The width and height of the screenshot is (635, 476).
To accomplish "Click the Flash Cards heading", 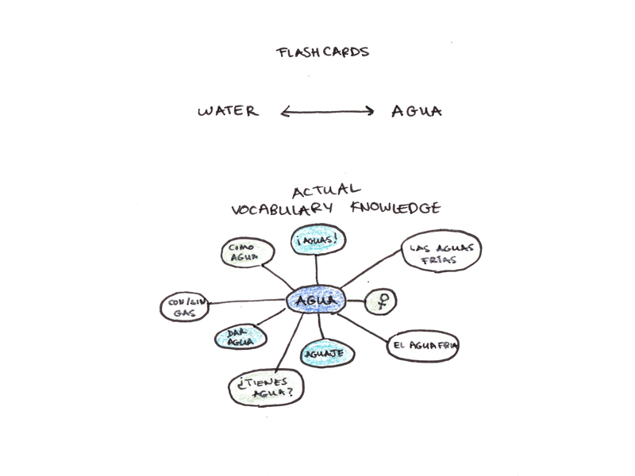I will tap(322, 53).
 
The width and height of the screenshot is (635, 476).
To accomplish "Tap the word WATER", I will tap(228, 111).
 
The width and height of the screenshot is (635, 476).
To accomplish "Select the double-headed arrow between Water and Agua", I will tap(327, 112).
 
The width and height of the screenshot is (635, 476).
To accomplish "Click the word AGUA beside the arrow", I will tap(416, 111).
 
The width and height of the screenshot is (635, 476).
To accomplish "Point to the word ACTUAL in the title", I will tap(326, 191).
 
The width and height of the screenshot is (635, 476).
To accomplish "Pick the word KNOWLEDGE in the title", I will tap(395, 209).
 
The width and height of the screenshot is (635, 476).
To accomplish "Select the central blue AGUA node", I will tap(317, 301).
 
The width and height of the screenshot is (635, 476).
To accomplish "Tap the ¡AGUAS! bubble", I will tap(316, 240).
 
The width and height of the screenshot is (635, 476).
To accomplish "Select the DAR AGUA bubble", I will tap(239, 337).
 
